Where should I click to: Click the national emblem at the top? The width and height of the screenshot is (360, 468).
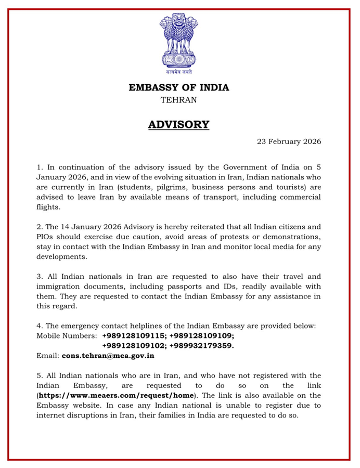[179, 41]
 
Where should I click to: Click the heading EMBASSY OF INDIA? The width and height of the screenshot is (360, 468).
[179, 87]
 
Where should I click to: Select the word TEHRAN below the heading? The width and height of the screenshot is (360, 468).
[178, 100]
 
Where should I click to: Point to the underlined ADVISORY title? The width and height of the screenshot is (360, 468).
[179, 125]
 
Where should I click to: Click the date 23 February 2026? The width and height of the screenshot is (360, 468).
[289, 141]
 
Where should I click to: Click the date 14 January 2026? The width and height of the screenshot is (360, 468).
[86, 227]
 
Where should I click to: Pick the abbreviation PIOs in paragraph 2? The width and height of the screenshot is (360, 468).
[46, 237]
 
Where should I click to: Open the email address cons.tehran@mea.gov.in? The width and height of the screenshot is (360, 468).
[108, 356]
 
